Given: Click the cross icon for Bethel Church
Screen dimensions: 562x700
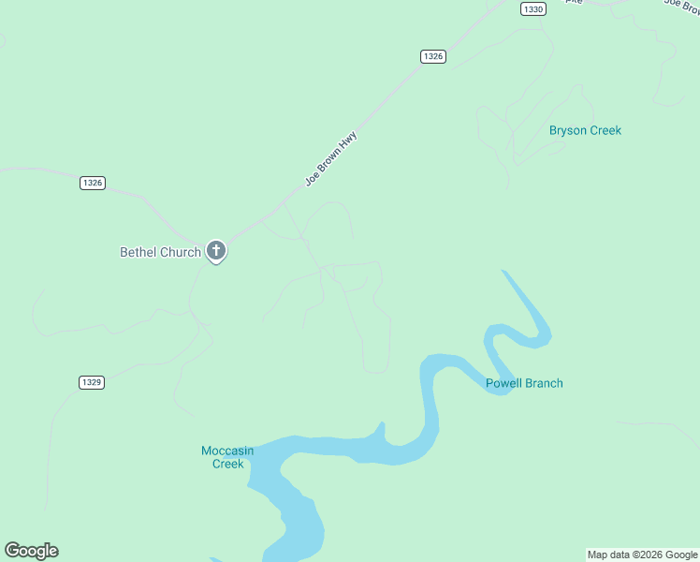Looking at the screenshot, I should click(x=216, y=250).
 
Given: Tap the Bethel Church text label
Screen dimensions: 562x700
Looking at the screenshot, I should click(x=160, y=252).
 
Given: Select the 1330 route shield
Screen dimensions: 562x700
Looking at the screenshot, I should click(x=533, y=8).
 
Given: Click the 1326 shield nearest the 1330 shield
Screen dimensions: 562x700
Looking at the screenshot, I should click(x=432, y=56).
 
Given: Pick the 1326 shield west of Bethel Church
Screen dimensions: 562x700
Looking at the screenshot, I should click(x=92, y=183).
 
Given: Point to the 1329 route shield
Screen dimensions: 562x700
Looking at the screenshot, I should click(x=92, y=382).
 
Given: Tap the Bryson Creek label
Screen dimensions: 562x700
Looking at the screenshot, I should click(x=585, y=130).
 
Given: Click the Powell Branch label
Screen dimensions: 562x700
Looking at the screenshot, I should click(x=524, y=383).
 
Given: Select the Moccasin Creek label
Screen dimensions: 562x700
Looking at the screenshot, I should click(x=227, y=457).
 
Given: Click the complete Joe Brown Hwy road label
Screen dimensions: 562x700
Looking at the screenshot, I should click(x=331, y=158).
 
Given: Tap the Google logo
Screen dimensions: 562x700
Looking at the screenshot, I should click(x=31, y=551).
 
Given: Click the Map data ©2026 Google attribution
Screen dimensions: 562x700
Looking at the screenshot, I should click(x=643, y=555).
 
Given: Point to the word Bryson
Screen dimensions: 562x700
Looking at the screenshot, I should click(x=566, y=130).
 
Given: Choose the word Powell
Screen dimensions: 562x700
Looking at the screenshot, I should click(x=504, y=383).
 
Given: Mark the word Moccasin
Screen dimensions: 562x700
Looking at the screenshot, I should click(x=227, y=451).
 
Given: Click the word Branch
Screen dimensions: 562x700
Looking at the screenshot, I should click(x=544, y=383).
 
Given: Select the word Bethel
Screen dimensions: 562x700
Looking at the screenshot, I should click(x=139, y=252).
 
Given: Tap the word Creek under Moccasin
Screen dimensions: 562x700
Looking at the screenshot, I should click(x=227, y=464).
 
